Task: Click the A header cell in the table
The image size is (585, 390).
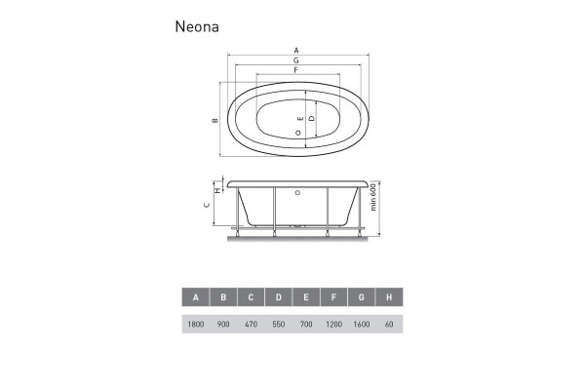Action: point(196,297)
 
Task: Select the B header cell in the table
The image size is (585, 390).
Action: point(223,297)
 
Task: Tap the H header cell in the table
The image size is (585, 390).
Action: point(389,297)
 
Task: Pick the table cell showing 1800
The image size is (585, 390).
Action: point(196,323)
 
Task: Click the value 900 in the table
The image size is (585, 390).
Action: point(223,323)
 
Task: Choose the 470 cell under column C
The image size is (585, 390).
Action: point(252,323)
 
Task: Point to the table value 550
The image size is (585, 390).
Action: point(279,323)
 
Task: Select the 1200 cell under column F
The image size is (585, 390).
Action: point(334,323)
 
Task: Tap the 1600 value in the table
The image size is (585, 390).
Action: point(362,323)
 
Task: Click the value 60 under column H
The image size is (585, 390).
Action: point(389,323)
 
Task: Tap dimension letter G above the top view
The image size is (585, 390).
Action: point(295,59)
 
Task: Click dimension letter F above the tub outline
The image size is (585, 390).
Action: point(294,70)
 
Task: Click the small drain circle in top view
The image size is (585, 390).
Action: point(296,134)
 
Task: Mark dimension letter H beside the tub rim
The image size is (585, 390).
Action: point(217,191)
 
